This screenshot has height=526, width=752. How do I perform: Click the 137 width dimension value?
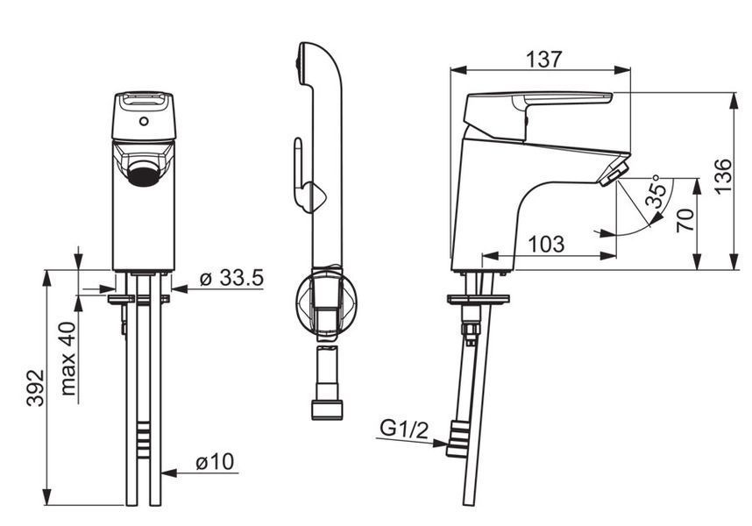(543, 59)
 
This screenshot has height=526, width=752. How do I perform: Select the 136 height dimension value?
(723, 175)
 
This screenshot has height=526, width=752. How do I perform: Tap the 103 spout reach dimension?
(546, 244)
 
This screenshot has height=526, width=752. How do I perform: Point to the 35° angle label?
(656, 191)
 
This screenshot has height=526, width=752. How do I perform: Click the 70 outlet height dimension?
(685, 220)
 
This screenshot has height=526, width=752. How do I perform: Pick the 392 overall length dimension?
(35, 387)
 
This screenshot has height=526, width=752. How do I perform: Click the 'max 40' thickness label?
(68, 359)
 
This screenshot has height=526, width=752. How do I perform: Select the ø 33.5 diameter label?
(231, 278)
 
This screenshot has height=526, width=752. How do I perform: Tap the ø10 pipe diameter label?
(215, 462)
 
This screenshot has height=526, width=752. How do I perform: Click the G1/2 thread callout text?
(404, 429)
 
